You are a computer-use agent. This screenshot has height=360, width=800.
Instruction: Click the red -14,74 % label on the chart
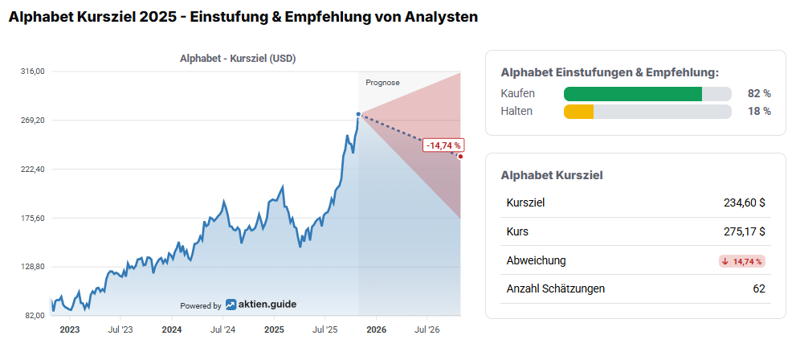point(443,145)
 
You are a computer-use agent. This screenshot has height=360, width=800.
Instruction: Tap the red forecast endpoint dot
point(460,157)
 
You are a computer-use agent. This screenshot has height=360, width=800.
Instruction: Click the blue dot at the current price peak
point(358,115)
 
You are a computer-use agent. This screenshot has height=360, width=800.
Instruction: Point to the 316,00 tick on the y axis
point(32,72)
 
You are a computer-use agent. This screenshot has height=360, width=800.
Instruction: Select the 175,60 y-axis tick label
point(32,218)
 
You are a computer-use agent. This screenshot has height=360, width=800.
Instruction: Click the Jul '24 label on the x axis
point(222,329)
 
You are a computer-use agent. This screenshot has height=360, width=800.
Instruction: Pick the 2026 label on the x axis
point(377,329)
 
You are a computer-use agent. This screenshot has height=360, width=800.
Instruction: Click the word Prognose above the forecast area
point(382,83)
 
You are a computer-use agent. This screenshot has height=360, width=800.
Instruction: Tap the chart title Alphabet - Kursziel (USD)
point(239,58)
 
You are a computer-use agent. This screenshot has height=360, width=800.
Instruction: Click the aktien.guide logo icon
point(231,305)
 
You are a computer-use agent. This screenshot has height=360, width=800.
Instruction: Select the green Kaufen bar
point(633,94)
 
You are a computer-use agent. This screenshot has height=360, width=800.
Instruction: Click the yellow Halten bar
point(578,112)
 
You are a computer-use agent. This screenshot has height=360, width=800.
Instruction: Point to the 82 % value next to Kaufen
point(759,94)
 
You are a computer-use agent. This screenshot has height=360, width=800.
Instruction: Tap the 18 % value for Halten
point(759,112)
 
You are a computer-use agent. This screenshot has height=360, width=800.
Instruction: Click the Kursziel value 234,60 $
point(744,202)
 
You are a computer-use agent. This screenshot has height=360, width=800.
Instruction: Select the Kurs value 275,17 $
point(744,231)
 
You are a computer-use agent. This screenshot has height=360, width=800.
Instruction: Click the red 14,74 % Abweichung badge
point(741,261)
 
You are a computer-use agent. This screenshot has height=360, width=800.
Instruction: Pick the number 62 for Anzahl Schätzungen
point(758,288)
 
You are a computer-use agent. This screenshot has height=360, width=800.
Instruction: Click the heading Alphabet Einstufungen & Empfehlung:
point(610,72)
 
